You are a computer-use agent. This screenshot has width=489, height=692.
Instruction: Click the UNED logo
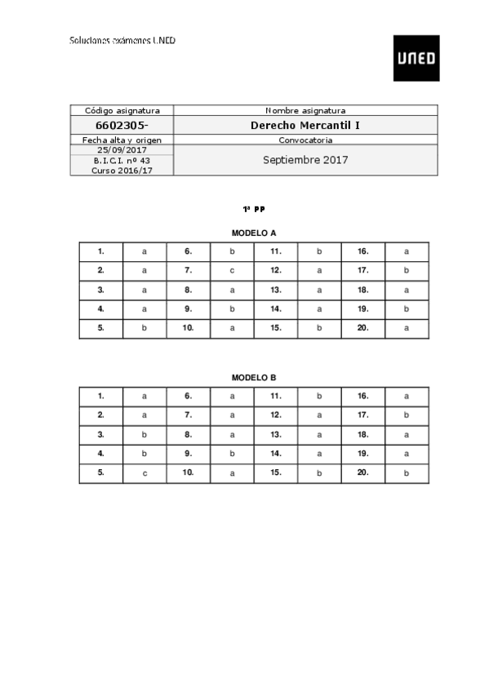click(x=416, y=58)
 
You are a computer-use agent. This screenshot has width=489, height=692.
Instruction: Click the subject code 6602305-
click(x=122, y=126)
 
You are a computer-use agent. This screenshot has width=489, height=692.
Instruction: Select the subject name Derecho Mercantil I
click(x=305, y=126)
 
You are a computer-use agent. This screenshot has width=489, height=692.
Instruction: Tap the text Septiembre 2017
click(x=305, y=160)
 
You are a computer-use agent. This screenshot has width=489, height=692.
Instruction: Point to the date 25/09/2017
click(x=122, y=150)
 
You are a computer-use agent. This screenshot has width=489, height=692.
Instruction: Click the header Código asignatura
click(x=122, y=110)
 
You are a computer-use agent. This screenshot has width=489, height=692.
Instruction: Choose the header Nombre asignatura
click(x=305, y=110)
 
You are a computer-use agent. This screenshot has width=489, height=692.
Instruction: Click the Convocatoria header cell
click(x=305, y=140)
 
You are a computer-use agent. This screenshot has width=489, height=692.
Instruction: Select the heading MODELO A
click(x=254, y=233)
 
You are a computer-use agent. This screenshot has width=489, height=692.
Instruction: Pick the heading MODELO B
click(x=254, y=378)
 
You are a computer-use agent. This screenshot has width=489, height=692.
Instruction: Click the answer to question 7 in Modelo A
click(x=232, y=270)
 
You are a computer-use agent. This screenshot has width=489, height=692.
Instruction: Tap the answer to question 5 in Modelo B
click(x=144, y=473)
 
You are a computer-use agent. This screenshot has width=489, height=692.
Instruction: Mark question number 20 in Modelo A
click(x=363, y=328)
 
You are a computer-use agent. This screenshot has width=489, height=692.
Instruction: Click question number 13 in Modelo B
click(x=276, y=435)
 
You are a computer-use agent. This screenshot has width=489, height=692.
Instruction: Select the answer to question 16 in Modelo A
click(x=407, y=251)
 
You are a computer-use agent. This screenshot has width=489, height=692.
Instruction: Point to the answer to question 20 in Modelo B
click(x=407, y=473)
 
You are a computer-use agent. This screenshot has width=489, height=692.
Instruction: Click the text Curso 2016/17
click(x=122, y=170)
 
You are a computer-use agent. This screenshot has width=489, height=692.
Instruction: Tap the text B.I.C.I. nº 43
click(x=122, y=160)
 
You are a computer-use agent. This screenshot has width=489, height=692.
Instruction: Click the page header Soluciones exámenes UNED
click(x=122, y=40)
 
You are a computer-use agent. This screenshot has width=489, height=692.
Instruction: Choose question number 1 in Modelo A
click(x=100, y=251)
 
